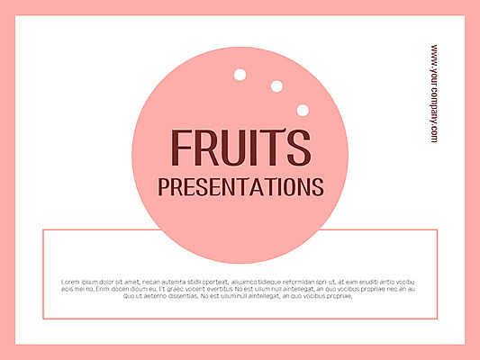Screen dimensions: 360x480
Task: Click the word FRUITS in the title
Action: [240, 148]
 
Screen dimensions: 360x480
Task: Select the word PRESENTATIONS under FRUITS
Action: [240, 187]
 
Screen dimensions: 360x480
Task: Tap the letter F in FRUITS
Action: [180, 148]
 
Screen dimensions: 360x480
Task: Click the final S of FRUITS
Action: [299, 148]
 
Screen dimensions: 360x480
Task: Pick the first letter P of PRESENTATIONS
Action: [164, 187]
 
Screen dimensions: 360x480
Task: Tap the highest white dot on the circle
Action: [240, 75]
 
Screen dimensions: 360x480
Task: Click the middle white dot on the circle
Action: [276, 86]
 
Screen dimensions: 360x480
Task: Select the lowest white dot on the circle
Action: [303, 110]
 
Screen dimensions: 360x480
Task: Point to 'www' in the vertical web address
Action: [434, 52]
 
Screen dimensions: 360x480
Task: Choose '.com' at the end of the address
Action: [434, 134]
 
